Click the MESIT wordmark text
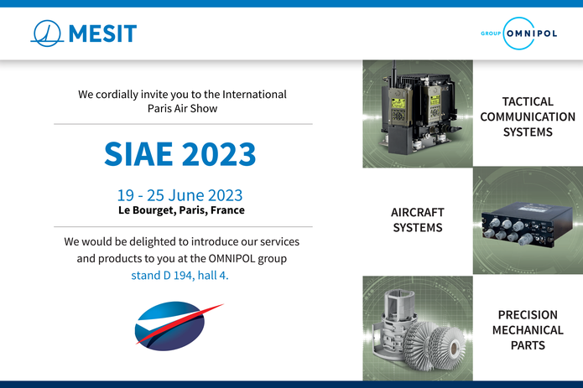(102, 34)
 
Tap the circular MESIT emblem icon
(47, 34)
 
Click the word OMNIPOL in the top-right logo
(532, 34)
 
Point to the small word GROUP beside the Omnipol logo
(491, 34)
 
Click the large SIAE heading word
(138, 153)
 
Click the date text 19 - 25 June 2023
(180, 195)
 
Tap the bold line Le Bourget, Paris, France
(181, 210)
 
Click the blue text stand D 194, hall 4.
(180, 275)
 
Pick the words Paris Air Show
(182, 108)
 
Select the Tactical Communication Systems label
(528, 116)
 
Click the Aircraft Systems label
(418, 220)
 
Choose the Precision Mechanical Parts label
(528, 330)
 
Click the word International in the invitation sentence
(254, 95)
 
